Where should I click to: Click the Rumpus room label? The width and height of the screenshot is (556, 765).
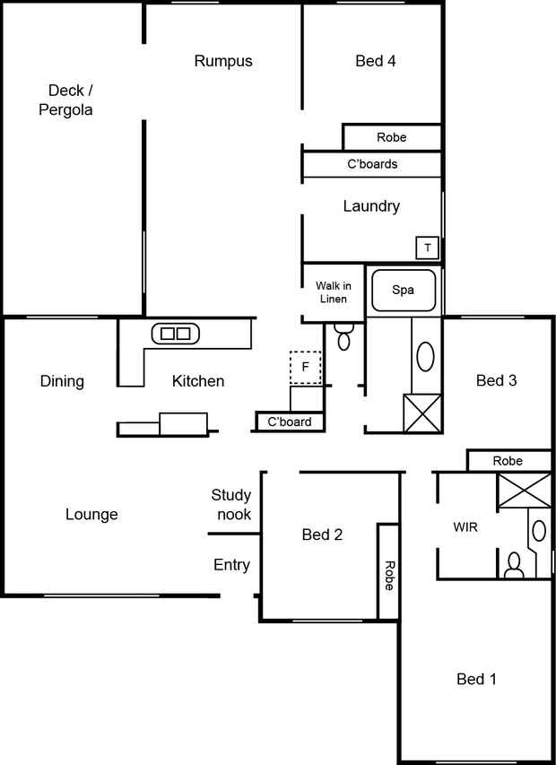[x=223, y=61]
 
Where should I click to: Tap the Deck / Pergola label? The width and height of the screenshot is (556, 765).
[x=65, y=100]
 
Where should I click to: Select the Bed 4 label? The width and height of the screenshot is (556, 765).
[x=375, y=61]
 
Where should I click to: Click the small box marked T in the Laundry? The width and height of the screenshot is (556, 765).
[x=428, y=248]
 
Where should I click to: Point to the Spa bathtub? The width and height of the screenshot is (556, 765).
[x=404, y=291]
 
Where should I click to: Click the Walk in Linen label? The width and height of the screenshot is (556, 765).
[x=333, y=292]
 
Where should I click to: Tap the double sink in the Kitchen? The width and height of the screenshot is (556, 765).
[x=175, y=334]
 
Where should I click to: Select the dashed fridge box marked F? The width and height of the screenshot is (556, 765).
[x=305, y=368]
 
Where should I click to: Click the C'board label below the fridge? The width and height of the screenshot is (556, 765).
[x=290, y=422]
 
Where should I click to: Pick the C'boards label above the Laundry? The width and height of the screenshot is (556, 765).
[x=372, y=164]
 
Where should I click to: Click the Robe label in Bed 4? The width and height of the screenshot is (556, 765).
[x=391, y=137]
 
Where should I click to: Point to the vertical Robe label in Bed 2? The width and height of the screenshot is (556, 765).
[x=388, y=576]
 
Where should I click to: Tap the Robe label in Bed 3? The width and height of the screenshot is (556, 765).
[x=508, y=461]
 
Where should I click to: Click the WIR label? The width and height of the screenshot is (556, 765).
[x=465, y=527]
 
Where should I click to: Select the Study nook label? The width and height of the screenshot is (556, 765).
[x=231, y=505]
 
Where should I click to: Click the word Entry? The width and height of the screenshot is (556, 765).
[x=231, y=565]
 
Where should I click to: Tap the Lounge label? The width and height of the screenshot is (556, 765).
[x=91, y=514]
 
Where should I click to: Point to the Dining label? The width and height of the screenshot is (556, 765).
[x=62, y=381]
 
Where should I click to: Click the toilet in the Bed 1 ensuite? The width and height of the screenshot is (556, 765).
[x=514, y=566]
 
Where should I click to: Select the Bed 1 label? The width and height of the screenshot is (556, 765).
[x=476, y=679]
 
